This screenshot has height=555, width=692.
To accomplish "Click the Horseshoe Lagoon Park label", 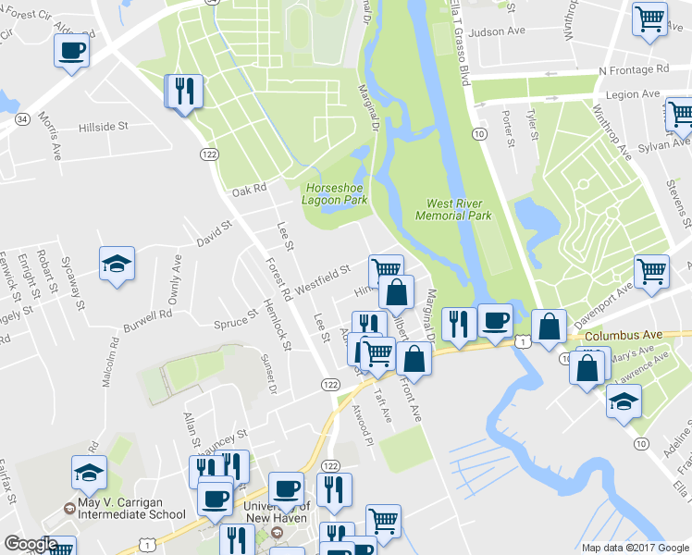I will [x=336, y=192].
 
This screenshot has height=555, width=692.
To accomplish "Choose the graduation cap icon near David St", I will [x=117, y=264].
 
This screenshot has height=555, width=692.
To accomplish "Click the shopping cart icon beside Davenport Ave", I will [x=651, y=271].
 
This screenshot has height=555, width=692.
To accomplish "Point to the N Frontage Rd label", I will [x=634, y=69].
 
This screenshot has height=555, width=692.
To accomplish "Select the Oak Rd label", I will [x=249, y=191].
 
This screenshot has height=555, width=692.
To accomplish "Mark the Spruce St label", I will [x=235, y=321].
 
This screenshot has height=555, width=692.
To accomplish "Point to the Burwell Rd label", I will [x=152, y=314].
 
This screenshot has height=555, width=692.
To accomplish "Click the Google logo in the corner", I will [x=30, y=544].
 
